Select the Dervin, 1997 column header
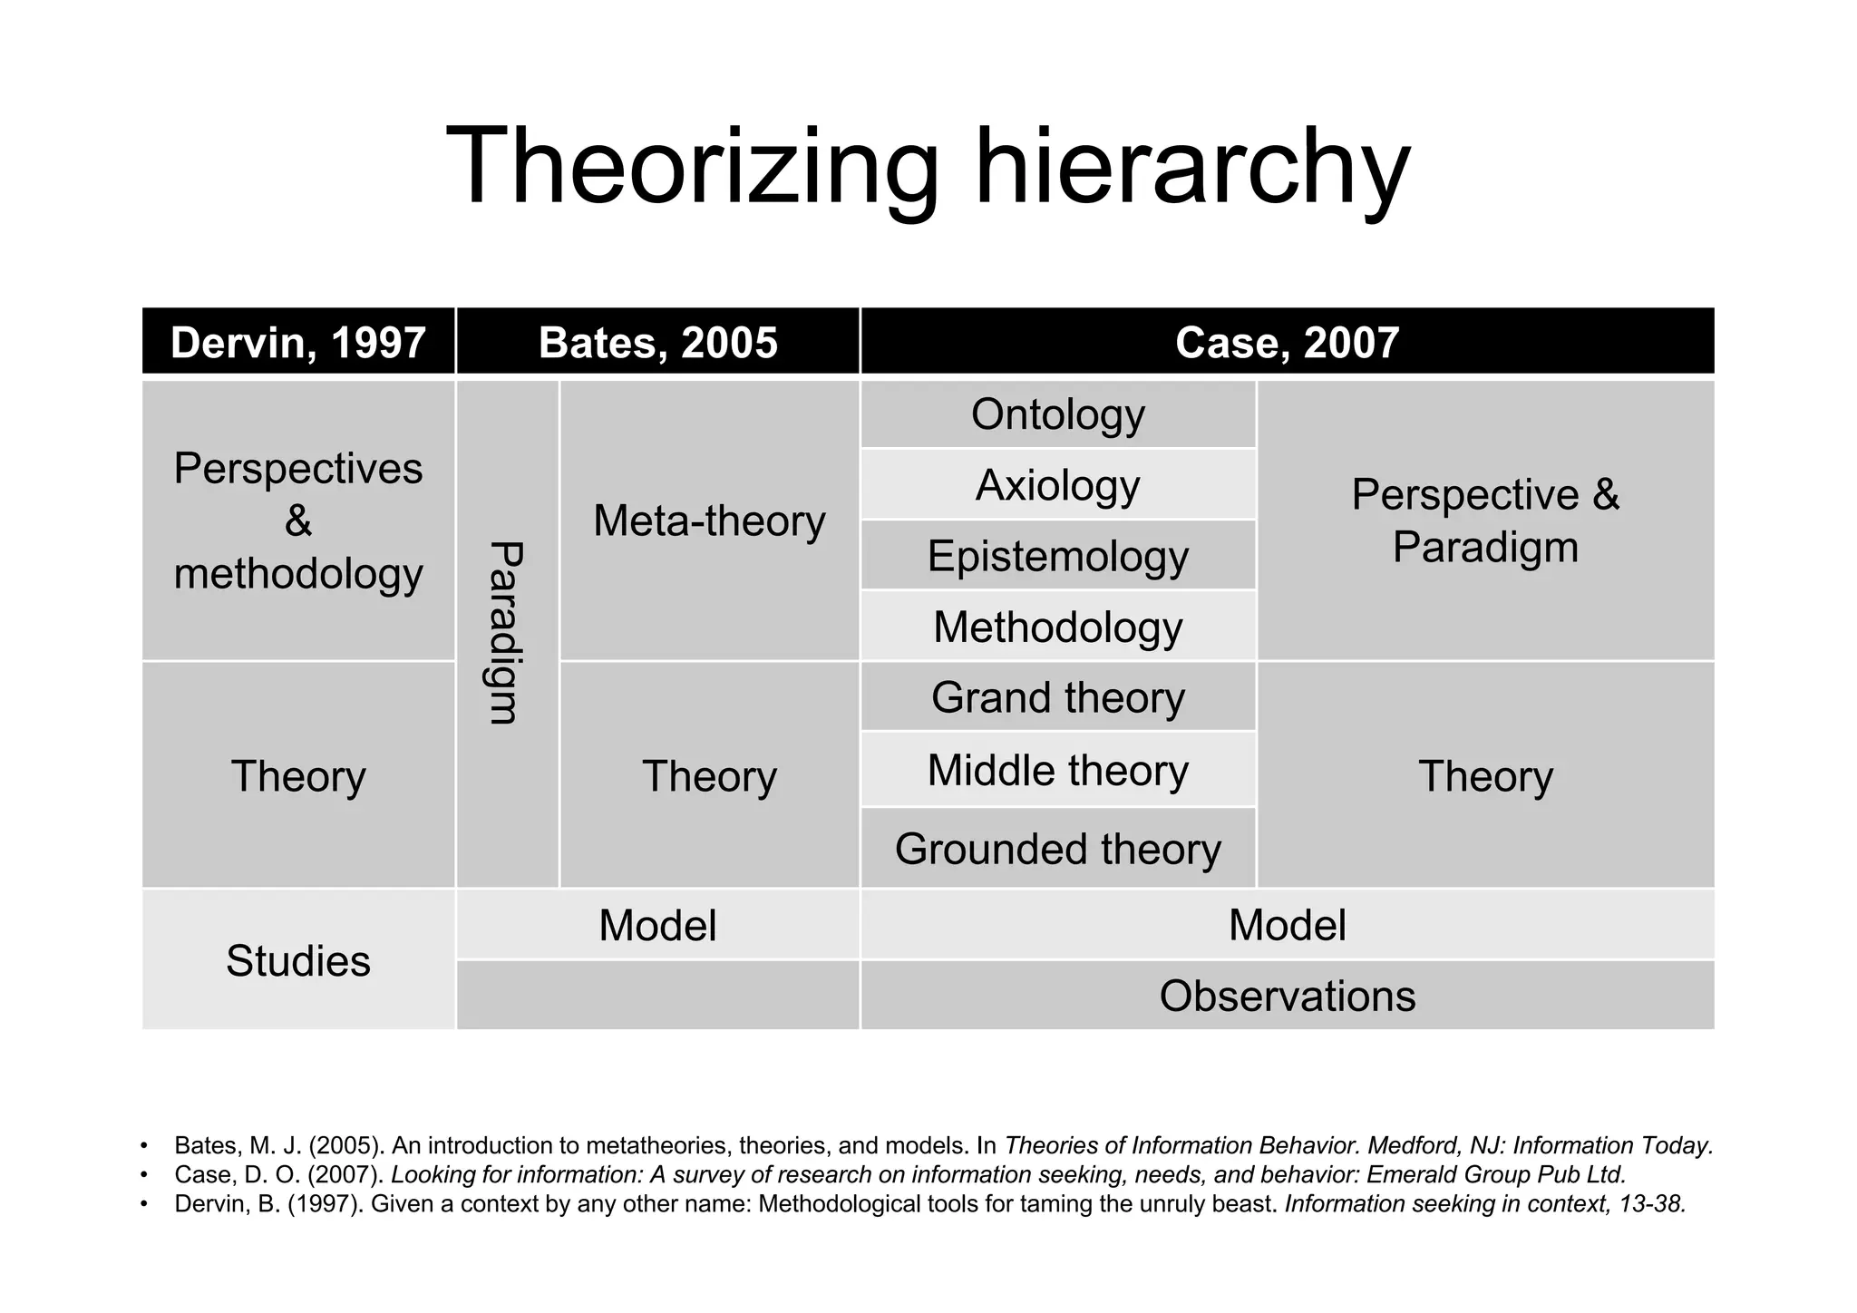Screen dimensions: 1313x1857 pyautogui.click(x=298, y=342)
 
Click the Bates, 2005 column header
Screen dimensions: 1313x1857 pyautogui.click(x=657, y=342)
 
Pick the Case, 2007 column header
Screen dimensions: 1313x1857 pyautogui.click(x=1287, y=342)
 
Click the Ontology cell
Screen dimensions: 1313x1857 pyautogui.click(x=1057, y=414)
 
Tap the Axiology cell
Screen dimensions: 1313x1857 pyautogui.click(x=1057, y=485)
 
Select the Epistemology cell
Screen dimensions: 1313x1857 pyautogui.click(x=1057, y=556)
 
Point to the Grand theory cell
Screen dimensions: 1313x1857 pyautogui.click(x=1057, y=697)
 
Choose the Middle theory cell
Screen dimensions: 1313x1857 pyautogui.click(x=1057, y=770)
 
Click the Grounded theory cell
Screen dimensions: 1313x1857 pyautogui.click(x=1057, y=849)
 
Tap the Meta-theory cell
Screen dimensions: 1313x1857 pyautogui.click(x=709, y=520)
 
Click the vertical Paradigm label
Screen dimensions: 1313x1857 pyautogui.click(x=506, y=633)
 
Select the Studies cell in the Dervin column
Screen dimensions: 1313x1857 pyautogui.click(x=298, y=960)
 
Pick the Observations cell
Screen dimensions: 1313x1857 pyautogui.click(x=1287, y=996)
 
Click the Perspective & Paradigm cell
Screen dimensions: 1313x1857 pyautogui.click(x=1484, y=520)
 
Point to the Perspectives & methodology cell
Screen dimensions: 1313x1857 pyautogui.click(x=298, y=520)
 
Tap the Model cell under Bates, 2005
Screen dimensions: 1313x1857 pyautogui.click(x=657, y=925)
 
